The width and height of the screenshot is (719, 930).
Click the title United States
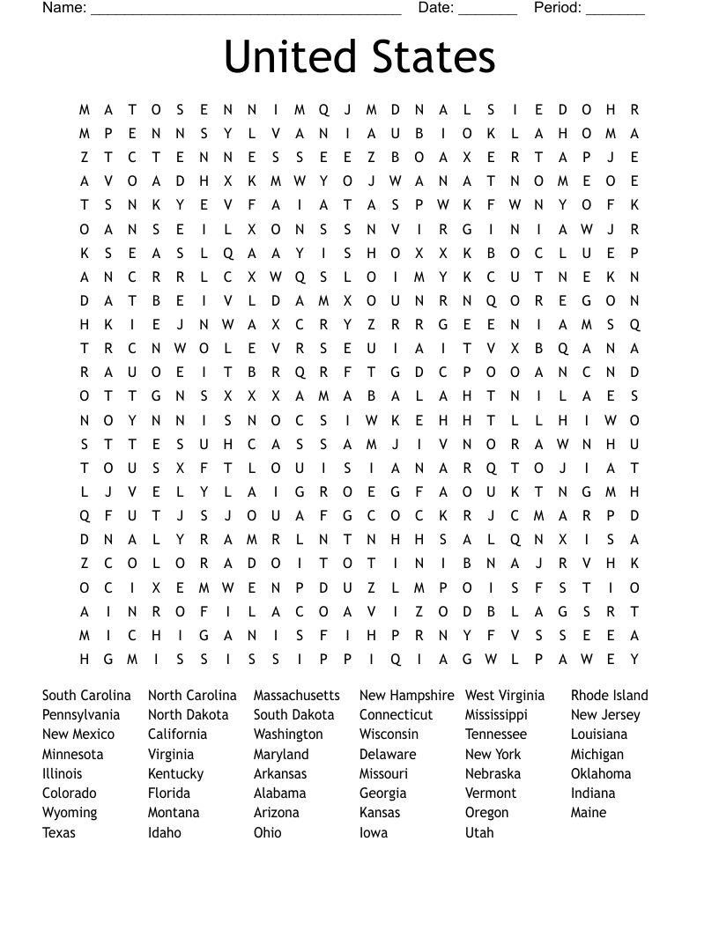[x=359, y=56]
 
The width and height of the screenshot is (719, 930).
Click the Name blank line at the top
[x=246, y=11]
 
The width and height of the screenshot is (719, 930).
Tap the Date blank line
[x=487, y=11]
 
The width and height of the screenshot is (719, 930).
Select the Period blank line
[x=615, y=11]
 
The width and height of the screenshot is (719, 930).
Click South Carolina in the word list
[x=86, y=696]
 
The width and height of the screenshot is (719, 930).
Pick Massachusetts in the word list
[x=296, y=696]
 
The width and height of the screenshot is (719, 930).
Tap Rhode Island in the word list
[x=609, y=696]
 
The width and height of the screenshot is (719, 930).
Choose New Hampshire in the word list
[x=406, y=696]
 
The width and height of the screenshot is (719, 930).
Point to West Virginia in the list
[x=505, y=696]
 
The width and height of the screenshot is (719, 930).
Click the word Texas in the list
[x=59, y=832]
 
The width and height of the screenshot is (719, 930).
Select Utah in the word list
[x=479, y=832]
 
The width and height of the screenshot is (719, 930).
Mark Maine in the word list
[x=588, y=813]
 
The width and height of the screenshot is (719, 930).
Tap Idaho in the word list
[x=164, y=832]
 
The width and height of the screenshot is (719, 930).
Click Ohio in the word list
[x=267, y=832]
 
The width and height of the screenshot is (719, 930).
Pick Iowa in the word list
[x=373, y=832]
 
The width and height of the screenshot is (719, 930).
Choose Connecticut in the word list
[x=396, y=715]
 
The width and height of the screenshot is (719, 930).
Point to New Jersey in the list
[x=605, y=715]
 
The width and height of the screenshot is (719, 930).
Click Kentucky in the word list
[x=175, y=774]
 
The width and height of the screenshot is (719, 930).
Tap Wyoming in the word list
[x=70, y=813]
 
